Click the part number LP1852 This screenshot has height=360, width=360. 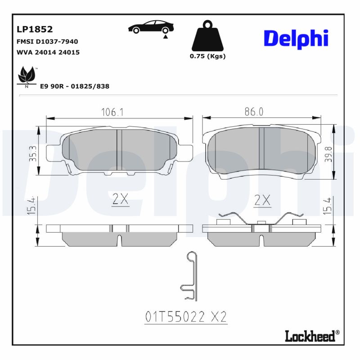[35, 30]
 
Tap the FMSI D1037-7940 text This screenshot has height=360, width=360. [47, 41]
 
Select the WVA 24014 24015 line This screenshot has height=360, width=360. [48, 52]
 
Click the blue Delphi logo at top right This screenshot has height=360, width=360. [296, 39]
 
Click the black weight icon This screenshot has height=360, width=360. [207, 36]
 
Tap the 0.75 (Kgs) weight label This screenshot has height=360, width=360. [207, 56]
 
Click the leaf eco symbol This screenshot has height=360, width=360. [27, 76]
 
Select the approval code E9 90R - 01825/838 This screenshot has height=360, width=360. [75, 86]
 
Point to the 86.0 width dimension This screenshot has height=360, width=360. [254, 112]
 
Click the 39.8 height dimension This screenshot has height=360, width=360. [329, 154]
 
